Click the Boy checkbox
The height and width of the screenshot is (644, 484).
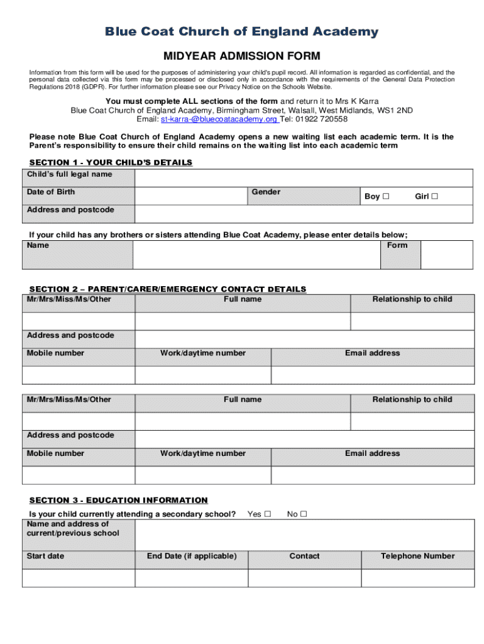coord(386,197)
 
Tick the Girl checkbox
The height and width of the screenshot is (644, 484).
coord(434,197)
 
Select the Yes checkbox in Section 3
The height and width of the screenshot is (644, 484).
coord(268,514)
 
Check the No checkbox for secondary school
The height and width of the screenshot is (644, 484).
coord(304,514)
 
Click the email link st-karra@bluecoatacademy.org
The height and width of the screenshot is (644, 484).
coord(219,119)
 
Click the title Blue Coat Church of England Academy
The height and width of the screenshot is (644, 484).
coord(241,32)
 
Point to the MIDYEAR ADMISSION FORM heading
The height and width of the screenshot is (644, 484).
coord(241,56)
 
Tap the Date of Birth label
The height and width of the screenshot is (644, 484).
coord(50,192)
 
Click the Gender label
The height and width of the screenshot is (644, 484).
coord(266,192)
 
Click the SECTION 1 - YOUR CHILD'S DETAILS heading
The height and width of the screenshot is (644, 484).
coord(111,163)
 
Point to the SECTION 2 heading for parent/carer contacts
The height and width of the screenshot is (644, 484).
coord(168,289)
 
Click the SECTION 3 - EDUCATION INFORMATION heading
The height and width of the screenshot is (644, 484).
coord(118,501)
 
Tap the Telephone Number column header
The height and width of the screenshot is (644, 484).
coord(417,556)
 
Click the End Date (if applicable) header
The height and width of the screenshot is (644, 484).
coord(192,556)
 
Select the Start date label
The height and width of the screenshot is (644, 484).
coord(45,556)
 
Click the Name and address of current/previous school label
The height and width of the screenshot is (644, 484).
coord(72,528)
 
